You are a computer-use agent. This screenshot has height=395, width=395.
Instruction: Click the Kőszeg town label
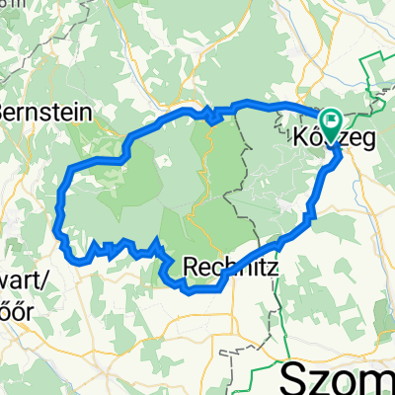click(x=336, y=140)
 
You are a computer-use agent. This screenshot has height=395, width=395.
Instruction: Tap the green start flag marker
click(x=328, y=121)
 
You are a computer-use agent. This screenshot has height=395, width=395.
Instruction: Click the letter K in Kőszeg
click(x=303, y=140)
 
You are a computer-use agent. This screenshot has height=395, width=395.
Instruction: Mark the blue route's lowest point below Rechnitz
click(x=197, y=290)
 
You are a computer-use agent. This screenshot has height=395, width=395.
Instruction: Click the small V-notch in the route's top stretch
click(x=211, y=118)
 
